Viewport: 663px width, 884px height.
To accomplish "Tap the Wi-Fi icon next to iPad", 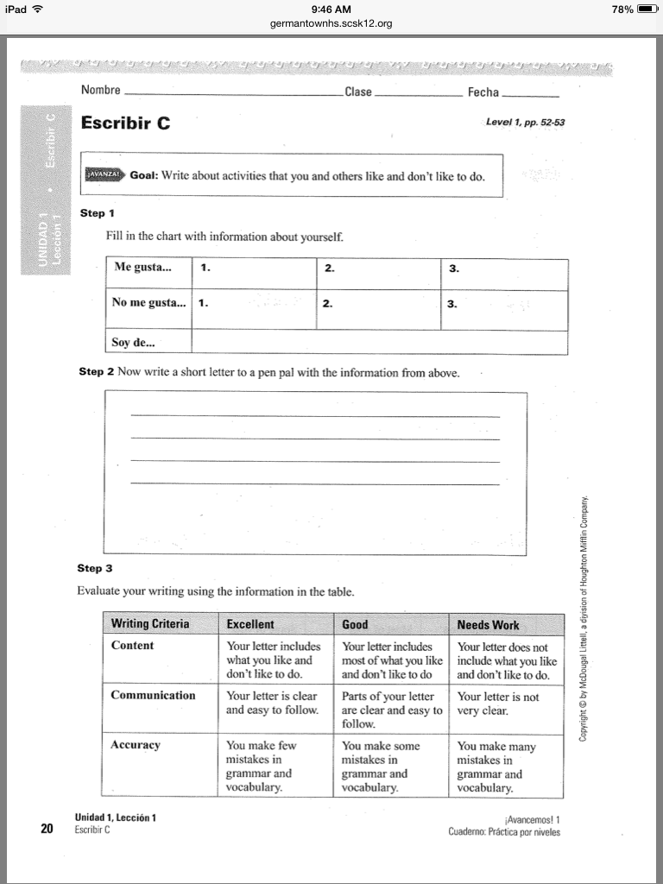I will point(37,9).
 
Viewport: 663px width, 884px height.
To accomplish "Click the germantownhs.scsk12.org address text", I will point(331,23).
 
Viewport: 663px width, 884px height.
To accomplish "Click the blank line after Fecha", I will point(530,93).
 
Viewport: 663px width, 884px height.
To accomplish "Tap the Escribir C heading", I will point(125,123).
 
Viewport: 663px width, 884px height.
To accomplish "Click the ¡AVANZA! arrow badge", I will point(104,175).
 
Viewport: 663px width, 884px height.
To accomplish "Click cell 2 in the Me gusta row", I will point(378,275).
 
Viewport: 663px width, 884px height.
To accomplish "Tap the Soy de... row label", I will point(131,342).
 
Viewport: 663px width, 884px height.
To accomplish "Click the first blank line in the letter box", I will point(314,416).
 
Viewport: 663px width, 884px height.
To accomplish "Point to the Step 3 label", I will point(95,568).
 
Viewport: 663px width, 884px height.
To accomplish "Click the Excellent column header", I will point(250,624).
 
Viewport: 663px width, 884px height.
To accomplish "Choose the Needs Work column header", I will point(489,624).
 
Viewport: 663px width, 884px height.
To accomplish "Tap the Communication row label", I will point(153,695).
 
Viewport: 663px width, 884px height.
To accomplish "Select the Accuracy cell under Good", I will point(391,767).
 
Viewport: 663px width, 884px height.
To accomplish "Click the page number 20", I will point(47,829).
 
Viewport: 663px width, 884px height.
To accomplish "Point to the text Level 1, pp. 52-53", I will point(525,123).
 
